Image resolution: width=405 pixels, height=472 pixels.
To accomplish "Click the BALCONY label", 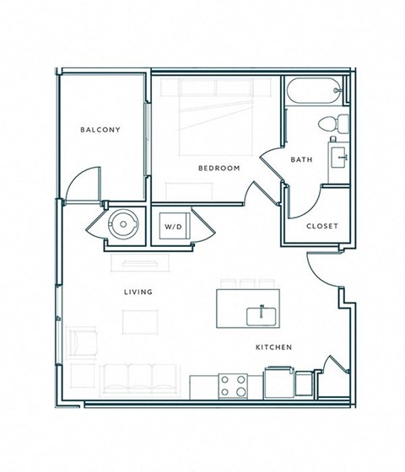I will [100, 130].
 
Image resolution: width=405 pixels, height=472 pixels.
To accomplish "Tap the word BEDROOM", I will [219, 168].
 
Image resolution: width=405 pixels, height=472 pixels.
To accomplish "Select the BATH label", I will [301, 159].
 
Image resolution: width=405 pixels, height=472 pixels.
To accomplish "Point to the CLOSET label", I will [321, 226].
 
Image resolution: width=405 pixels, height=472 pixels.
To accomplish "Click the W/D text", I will [173, 228].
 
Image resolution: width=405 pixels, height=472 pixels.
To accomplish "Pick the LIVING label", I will [138, 292].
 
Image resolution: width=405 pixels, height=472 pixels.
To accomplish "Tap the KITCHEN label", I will [274, 347].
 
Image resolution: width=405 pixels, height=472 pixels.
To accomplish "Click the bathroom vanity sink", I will [340, 157].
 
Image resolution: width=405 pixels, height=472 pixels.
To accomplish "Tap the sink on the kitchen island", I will [262, 316].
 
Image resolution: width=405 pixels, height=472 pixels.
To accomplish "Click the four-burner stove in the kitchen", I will [234, 386].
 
